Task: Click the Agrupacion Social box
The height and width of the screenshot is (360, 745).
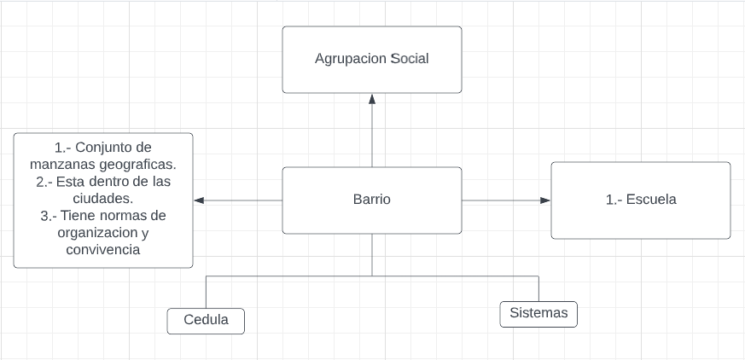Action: point(372,60)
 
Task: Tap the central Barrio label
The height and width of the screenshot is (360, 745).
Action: point(372,200)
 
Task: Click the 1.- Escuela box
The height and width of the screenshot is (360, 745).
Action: point(640,200)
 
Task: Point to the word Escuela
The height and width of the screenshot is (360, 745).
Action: point(651,200)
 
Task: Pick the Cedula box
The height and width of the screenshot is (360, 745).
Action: point(206,321)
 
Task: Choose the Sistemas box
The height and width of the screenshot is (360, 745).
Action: point(538,313)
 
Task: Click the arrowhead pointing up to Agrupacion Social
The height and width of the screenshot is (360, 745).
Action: point(372,99)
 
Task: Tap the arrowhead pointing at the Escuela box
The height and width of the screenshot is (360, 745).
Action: point(545,200)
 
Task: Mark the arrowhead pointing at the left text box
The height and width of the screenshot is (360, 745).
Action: point(199,200)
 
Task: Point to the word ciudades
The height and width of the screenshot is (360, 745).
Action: point(102,199)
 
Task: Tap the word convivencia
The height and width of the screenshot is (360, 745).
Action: point(103,250)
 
